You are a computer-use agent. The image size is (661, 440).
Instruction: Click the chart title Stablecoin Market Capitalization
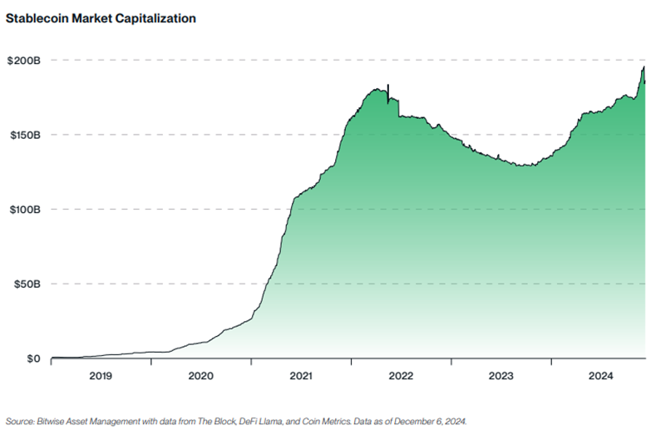click(101, 18)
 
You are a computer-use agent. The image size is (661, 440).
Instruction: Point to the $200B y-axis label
click(24, 61)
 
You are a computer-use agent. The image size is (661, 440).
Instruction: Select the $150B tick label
click(24, 135)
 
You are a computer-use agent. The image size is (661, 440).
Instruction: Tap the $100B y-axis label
click(24, 210)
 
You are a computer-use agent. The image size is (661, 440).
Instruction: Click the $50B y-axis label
click(26, 284)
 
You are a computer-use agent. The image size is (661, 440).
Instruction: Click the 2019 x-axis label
click(101, 376)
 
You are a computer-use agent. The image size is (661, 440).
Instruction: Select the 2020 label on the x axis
click(200, 376)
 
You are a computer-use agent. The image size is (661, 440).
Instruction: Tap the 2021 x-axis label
click(301, 376)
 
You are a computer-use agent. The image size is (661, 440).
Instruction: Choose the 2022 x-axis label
click(401, 376)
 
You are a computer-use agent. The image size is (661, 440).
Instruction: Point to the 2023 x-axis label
click(501, 376)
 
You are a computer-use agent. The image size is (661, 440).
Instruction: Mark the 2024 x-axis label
click(600, 376)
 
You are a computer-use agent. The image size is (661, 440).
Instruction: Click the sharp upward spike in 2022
click(388, 87)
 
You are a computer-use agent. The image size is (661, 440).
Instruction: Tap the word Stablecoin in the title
click(37, 18)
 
